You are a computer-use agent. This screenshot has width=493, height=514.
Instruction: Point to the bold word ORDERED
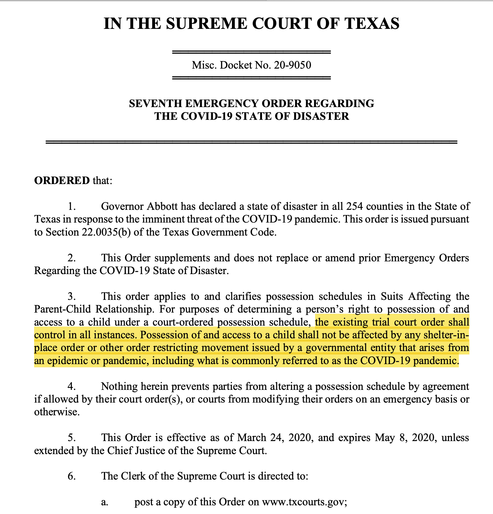[x=62, y=180]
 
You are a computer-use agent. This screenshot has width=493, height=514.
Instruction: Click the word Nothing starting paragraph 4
[x=119, y=386]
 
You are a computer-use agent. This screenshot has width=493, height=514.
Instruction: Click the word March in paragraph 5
[x=251, y=438]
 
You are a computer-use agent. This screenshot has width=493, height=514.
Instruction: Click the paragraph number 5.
[x=71, y=438]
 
